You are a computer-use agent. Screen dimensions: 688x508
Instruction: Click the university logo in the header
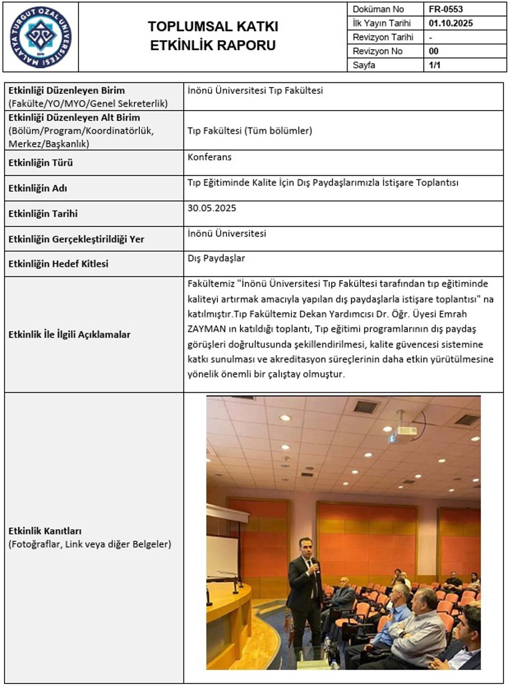pyautogui.click(x=41, y=37)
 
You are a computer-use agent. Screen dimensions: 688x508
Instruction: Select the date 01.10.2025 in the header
pyautogui.click(x=450, y=24)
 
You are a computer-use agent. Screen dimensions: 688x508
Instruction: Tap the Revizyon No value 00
pyautogui.click(x=433, y=51)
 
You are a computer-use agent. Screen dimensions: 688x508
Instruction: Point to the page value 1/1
pyautogui.click(x=433, y=65)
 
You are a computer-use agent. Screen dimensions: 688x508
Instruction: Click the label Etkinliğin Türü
pyautogui.click(x=41, y=163)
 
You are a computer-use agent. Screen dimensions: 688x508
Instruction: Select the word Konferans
pyautogui.click(x=209, y=157)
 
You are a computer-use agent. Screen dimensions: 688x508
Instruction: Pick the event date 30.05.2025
pyautogui.click(x=212, y=208)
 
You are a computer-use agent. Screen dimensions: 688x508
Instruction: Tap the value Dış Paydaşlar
pyautogui.click(x=216, y=258)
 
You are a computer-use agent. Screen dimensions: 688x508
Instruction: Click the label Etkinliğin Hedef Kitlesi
pyautogui.click(x=58, y=264)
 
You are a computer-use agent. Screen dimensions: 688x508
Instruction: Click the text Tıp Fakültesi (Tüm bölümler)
pyautogui.click(x=249, y=131)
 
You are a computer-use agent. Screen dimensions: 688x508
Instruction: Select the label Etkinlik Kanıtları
pyautogui.click(x=45, y=531)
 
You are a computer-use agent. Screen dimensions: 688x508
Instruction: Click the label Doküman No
pyautogui.click(x=378, y=10)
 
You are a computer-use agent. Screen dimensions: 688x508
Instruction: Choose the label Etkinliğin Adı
pyautogui.click(x=42, y=189)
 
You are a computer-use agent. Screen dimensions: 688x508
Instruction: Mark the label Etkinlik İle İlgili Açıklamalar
pyautogui.click(x=69, y=335)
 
